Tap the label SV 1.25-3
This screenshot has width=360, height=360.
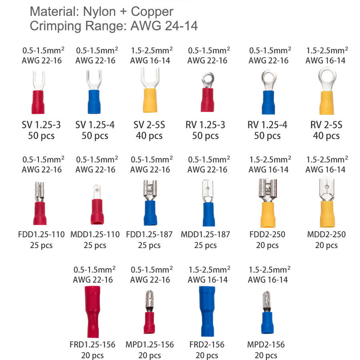(x=42, y=125)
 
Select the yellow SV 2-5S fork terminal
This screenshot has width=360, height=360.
(x=148, y=98)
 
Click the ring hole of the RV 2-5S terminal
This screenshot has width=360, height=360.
(x=326, y=75)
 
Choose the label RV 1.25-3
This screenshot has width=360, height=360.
(x=205, y=125)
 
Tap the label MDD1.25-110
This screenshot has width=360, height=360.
(x=95, y=234)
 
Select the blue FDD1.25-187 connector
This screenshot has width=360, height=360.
(x=149, y=212)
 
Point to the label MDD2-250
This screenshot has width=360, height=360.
(x=326, y=234)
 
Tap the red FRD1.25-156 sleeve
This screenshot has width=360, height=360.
(x=94, y=312)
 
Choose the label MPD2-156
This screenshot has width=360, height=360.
(x=266, y=344)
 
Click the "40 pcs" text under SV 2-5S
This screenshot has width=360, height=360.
(x=149, y=136)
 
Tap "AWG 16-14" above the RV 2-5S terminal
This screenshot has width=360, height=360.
(x=325, y=61)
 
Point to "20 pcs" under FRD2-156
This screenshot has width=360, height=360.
(x=206, y=355)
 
